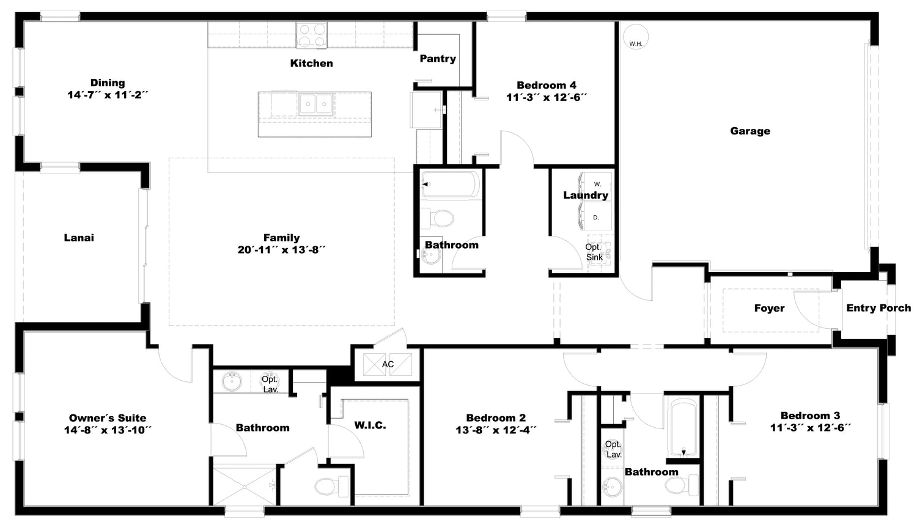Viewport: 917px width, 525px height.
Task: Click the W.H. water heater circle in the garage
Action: coord(635,37)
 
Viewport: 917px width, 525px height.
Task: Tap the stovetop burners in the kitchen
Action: coord(312,35)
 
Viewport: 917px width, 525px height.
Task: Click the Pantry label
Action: coord(438,59)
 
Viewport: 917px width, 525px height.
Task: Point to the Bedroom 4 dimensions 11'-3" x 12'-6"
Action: coord(547,97)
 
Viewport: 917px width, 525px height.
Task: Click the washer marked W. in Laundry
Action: coord(597,184)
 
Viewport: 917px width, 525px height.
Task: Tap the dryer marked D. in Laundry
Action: coord(597,217)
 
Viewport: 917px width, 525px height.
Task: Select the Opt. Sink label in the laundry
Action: coord(594,252)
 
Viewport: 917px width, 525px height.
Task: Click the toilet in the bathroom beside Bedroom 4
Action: coord(437,218)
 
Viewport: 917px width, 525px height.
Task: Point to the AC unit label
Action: coord(388,364)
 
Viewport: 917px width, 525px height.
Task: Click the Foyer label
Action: coord(769,308)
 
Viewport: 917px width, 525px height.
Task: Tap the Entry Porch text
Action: coord(878,307)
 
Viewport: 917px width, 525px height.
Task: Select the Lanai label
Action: coord(79,238)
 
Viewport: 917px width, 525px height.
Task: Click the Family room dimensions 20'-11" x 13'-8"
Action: coord(282,249)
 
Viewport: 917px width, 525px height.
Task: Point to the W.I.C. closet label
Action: coord(370,425)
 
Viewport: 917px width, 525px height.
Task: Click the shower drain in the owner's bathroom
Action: coord(244,487)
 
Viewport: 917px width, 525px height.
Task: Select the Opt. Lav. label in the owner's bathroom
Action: coord(270,384)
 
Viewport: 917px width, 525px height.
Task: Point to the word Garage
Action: coord(750,131)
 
